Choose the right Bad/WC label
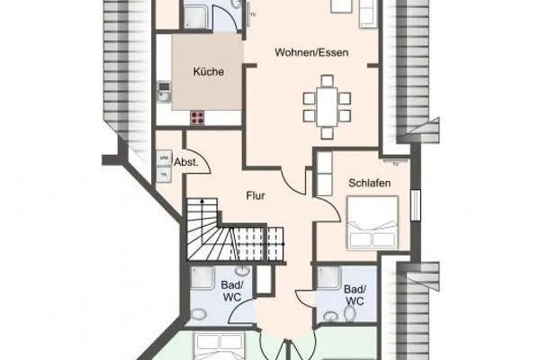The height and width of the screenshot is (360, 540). pos(355,295)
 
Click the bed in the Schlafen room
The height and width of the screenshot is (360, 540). pos(372,223)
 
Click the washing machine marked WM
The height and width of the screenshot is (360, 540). pos(164,157)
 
